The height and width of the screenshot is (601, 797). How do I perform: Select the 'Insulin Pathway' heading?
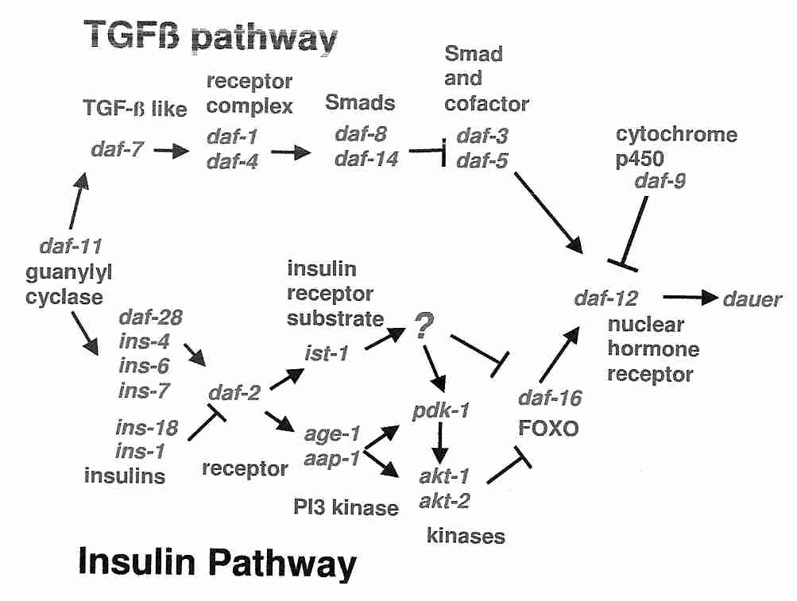coord(216,564)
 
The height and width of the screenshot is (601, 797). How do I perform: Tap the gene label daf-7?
coord(118,148)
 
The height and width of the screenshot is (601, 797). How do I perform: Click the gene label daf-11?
coord(70,247)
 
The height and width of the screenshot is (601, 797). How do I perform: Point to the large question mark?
coord(424,326)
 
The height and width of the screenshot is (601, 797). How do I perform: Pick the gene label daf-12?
coord(605,298)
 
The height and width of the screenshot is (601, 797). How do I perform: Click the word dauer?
coord(752,299)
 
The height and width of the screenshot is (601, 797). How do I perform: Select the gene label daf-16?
coord(550,398)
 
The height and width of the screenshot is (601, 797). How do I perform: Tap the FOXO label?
coord(547,429)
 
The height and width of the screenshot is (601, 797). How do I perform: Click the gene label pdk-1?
coord(441,410)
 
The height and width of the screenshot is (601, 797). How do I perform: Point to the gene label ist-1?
coord(327,352)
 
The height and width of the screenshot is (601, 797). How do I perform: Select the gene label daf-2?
coord(234,391)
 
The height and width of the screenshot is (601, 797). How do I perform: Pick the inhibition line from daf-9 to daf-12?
coord(633,229)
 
